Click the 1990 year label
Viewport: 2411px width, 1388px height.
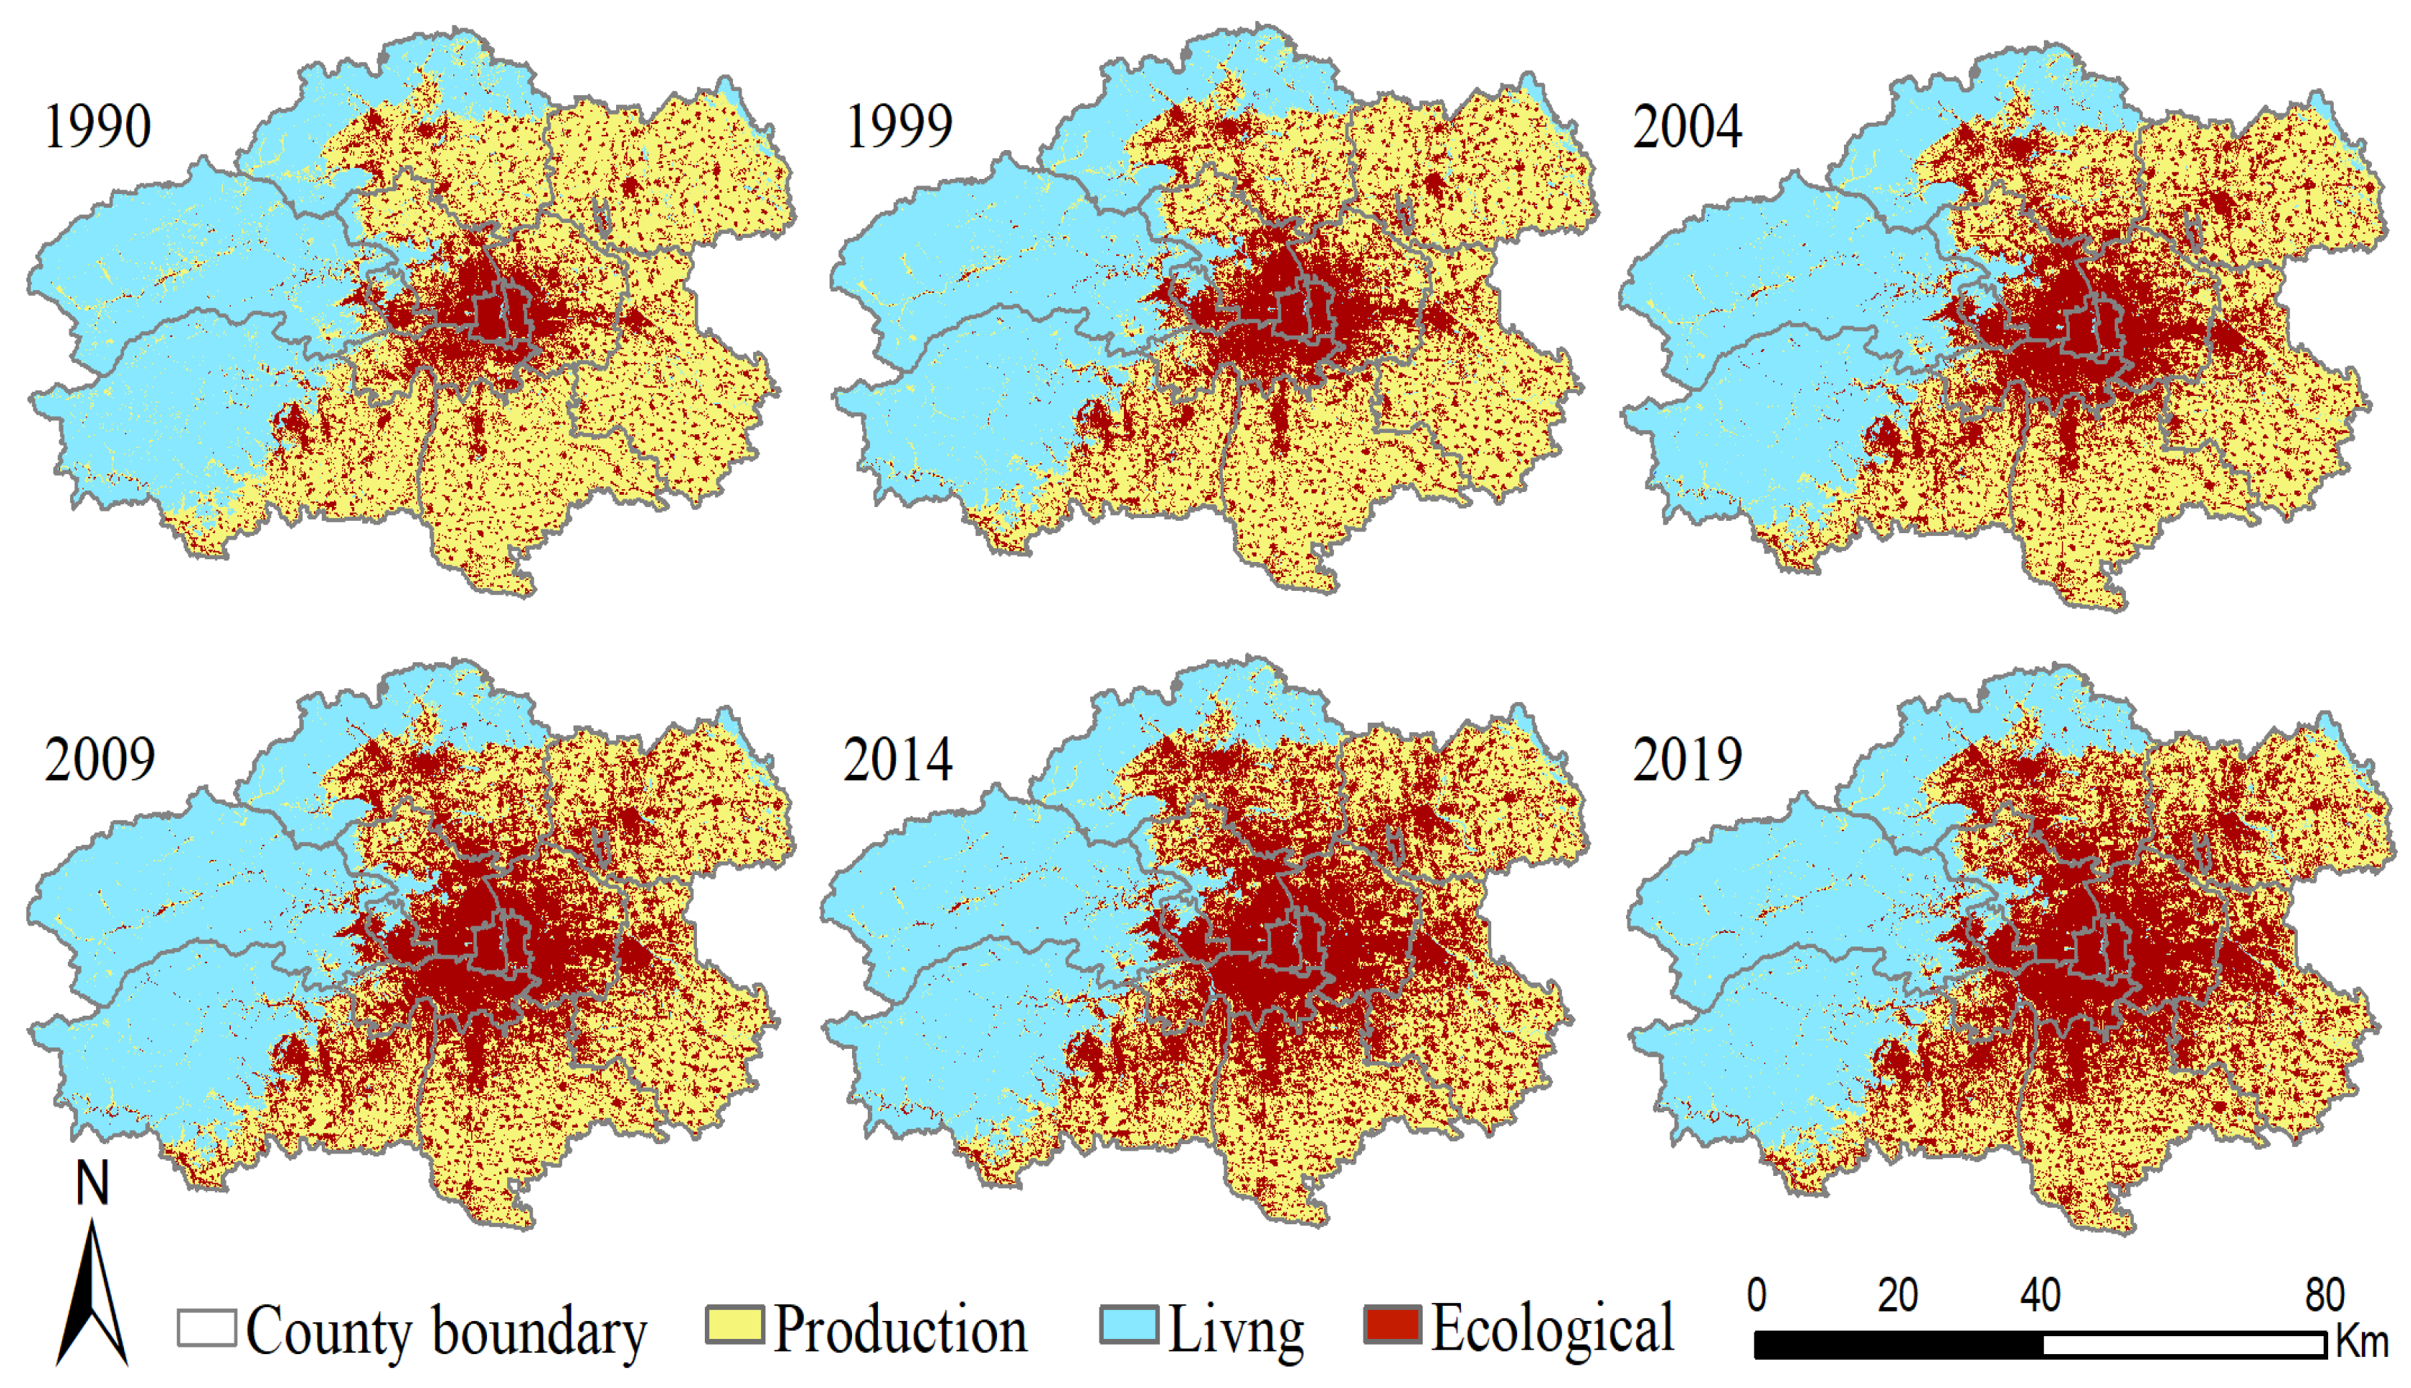click(x=97, y=127)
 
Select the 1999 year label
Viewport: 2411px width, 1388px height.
click(x=899, y=127)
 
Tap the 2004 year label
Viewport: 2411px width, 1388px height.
click(x=1687, y=127)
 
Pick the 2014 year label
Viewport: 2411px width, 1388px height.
click(x=897, y=760)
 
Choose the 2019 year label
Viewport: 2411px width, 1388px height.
click(x=1687, y=760)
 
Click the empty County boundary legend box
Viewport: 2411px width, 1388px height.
click(x=207, y=1327)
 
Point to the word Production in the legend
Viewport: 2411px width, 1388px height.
click(x=900, y=1329)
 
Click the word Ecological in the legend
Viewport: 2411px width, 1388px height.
click(x=1552, y=1329)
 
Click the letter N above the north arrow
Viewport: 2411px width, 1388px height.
click(x=92, y=1183)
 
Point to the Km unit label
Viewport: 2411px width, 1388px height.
click(x=2361, y=1343)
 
